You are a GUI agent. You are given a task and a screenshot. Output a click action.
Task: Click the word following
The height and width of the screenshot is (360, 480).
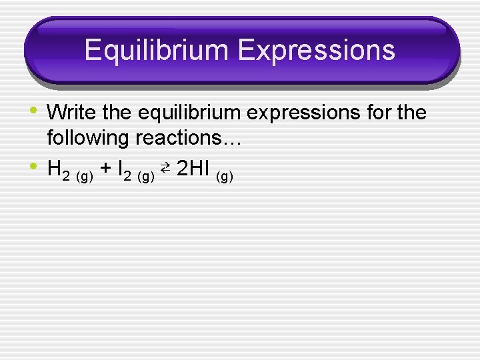(x=88, y=138)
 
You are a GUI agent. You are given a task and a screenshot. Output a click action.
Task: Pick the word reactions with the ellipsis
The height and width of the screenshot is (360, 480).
(x=192, y=138)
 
